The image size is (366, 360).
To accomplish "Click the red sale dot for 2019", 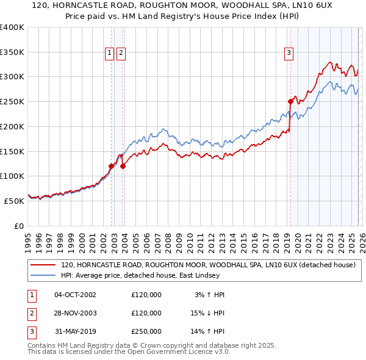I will (x=290, y=102).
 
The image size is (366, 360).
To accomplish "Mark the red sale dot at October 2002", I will (x=111, y=166).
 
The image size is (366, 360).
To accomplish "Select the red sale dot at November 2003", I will (x=123, y=166).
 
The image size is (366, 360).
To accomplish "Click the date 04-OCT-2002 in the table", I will (x=75, y=295).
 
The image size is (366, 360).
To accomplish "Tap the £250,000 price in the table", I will (x=146, y=331).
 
